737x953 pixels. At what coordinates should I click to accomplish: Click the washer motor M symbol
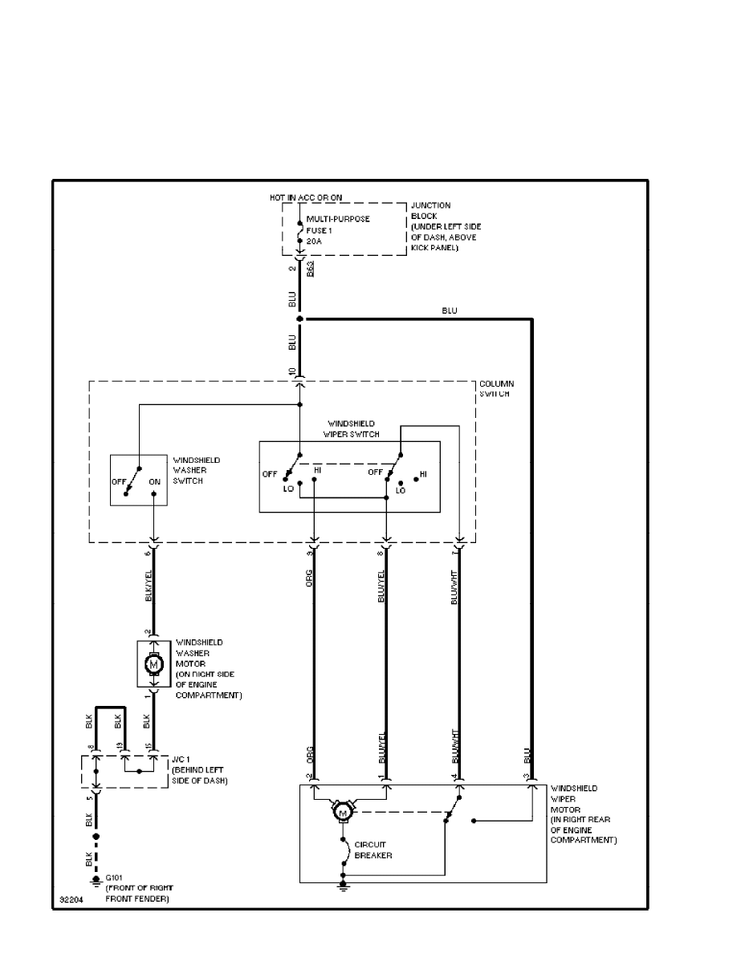pos(153,664)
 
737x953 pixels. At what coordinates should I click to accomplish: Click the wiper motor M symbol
pos(343,813)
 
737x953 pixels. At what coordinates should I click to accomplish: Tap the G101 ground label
pos(115,880)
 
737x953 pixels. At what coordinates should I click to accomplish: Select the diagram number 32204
pos(73,900)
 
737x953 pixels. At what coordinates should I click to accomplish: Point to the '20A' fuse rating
pos(315,241)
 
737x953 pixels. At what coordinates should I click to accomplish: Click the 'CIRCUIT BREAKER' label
pos(373,850)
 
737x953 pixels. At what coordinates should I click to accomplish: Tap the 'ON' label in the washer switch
pos(155,483)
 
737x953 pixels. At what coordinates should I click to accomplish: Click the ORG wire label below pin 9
pos(309,579)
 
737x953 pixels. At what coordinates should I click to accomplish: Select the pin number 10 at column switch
pos(291,372)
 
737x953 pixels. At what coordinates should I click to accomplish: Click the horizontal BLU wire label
pos(449,310)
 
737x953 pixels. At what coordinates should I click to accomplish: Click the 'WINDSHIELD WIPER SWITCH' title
pos(351,428)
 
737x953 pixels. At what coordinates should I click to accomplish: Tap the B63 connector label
pos(311,270)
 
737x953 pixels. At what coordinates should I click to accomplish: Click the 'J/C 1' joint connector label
pos(180,760)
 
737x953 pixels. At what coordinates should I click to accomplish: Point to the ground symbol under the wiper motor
pos(343,886)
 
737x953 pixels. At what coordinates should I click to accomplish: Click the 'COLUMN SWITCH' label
pos(496,389)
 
